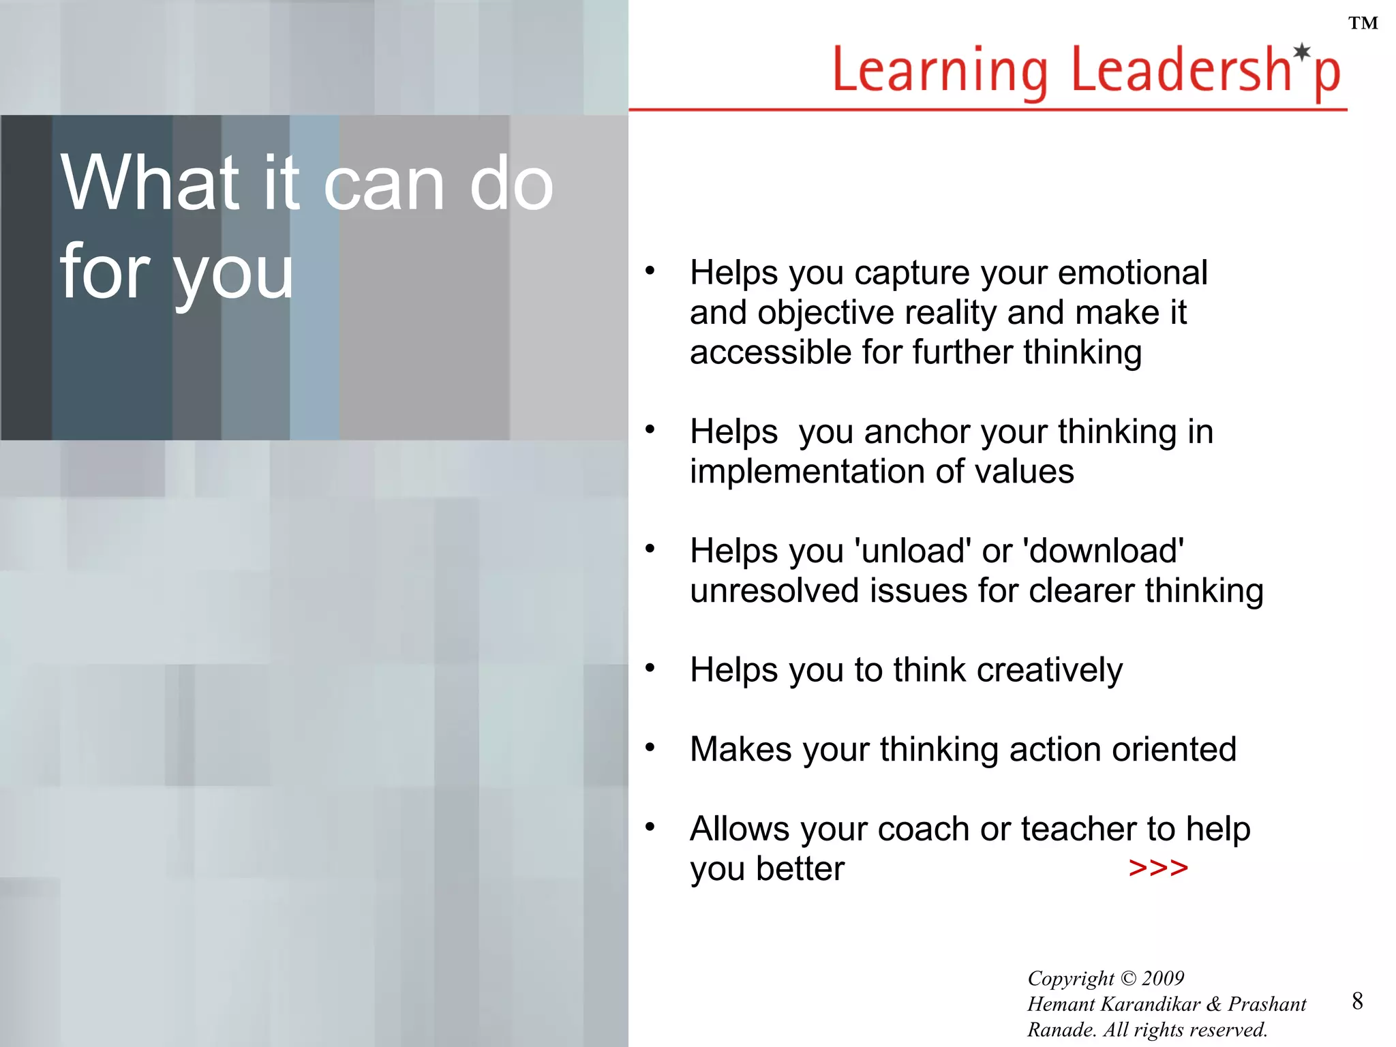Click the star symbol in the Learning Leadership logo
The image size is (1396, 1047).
click(x=1302, y=52)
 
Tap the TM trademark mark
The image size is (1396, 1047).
click(x=1363, y=24)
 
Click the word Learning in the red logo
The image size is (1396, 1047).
click(x=940, y=71)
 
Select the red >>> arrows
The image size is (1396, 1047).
click(x=1158, y=868)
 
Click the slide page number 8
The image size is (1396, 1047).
click(x=1357, y=1001)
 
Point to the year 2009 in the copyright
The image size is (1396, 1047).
click(x=1163, y=978)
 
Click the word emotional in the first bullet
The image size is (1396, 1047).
click(x=1132, y=273)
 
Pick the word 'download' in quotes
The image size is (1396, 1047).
click(x=1103, y=551)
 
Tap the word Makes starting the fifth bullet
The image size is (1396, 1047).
click(x=741, y=749)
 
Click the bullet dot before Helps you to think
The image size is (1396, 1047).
click(x=650, y=667)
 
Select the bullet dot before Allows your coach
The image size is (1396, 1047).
click(x=650, y=827)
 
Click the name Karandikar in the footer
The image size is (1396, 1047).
click(x=1150, y=1004)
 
